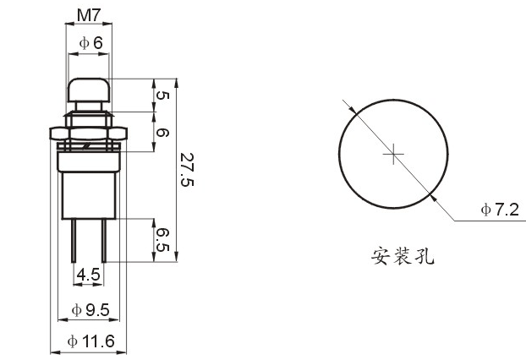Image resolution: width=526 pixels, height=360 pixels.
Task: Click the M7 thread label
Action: point(89,15)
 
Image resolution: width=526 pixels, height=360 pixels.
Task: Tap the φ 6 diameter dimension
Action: point(91,43)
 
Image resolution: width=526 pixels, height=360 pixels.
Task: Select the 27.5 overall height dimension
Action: point(187,170)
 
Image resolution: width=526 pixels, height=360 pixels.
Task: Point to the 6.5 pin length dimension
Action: point(162,240)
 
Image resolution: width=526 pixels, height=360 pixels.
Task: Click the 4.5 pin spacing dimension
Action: point(88,275)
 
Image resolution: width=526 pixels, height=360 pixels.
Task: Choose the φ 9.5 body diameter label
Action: point(90,310)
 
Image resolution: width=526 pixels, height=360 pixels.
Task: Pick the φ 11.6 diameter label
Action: point(91,341)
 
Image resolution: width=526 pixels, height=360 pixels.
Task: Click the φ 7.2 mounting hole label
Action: point(500,210)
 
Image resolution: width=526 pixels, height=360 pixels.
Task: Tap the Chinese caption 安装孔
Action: point(403,256)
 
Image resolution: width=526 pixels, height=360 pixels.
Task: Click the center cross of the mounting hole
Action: point(393,154)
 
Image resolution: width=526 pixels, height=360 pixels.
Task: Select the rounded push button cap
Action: point(89,90)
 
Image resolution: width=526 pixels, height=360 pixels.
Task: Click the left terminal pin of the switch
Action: point(74,240)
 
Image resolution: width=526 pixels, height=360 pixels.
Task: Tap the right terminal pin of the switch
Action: point(104,240)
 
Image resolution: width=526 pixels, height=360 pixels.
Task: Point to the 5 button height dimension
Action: point(162,95)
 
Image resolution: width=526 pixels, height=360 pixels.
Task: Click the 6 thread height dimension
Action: point(162,133)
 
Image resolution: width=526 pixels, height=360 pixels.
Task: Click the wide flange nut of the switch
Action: point(89,134)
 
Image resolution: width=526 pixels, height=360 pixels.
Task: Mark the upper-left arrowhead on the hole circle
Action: point(352,109)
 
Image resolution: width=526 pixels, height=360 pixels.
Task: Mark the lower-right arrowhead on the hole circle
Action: point(434,198)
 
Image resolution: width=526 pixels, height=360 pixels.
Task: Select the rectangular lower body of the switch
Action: point(89,195)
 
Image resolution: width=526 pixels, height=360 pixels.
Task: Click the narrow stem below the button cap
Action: point(89,106)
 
